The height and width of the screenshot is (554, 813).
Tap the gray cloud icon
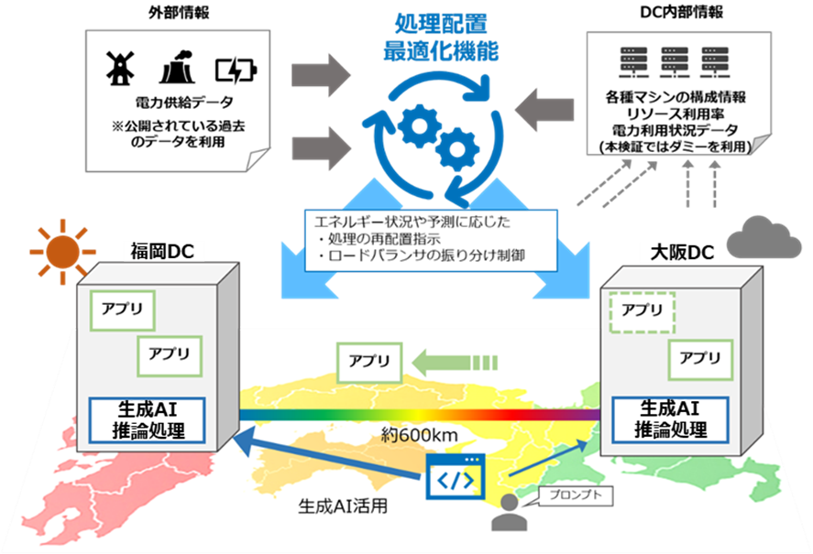(x=763, y=238)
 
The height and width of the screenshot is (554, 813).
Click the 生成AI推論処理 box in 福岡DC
(x=147, y=419)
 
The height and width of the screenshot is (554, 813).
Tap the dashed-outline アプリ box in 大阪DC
(x=642, y=310)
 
